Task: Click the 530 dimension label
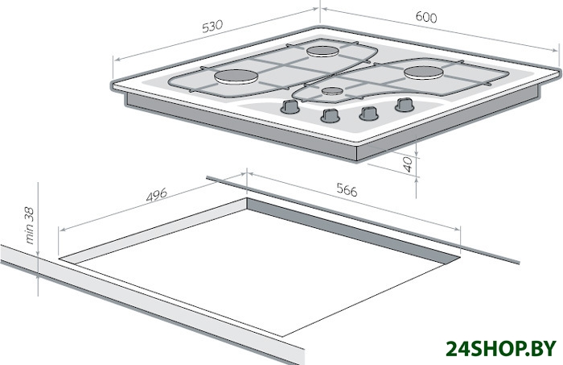[x=212, y=27]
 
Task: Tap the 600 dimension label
[x=426, y=17]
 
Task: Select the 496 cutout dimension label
[x=157, y=194]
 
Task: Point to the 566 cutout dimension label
[x=347, y=189]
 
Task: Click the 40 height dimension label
[x=408, y=164]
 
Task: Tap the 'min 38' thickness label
[x=30, y=226]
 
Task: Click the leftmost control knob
[x=290, y=106]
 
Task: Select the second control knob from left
[x=330, y=115]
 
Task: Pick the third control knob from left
[x=368, y=114]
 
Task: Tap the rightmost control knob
[x=405, y=105]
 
